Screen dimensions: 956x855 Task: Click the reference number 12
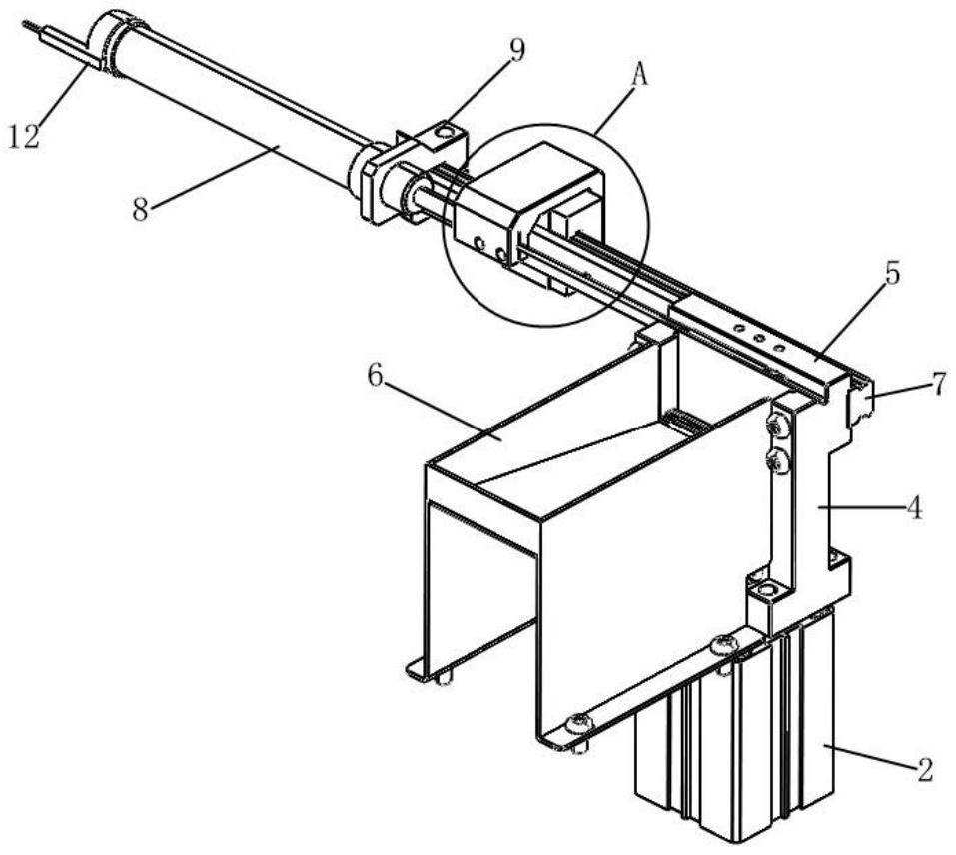click(x=24, y=135)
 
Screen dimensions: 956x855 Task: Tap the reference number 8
click(x=140, y=210)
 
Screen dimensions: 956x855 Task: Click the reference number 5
click(x=891, y=275)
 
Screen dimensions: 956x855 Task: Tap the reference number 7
click(x=940, y=384)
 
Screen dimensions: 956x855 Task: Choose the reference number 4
click(x=913, y=507)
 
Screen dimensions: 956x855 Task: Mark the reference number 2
click(x=924, y=770)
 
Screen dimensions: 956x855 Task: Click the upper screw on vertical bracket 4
click(x=777, y=426)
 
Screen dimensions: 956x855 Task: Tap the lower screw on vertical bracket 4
click(x=778, y=461)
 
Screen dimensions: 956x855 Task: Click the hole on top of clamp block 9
click(x=447, y=132)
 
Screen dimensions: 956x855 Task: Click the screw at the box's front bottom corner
click(x=578, y=723)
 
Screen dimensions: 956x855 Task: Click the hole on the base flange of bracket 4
click(x=766, y=590)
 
